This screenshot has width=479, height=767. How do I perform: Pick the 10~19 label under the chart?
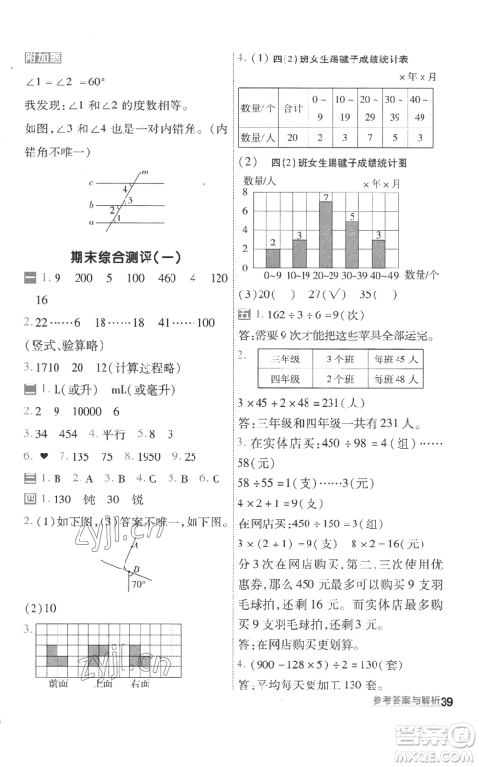298,276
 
